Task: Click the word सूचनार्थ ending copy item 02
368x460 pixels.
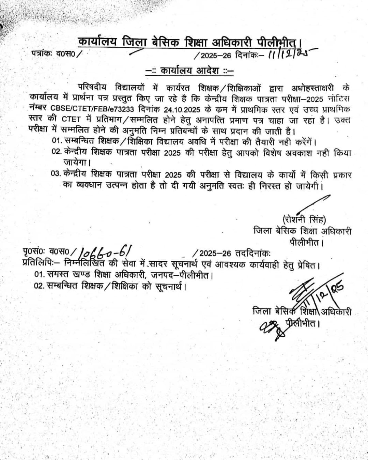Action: [170, 286]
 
